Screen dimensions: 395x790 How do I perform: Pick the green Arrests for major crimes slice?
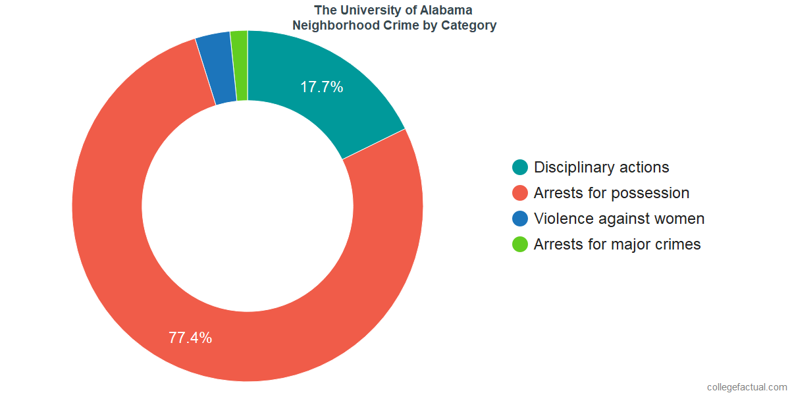(x=240, y=65)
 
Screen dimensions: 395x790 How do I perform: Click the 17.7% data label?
(x=322, y=87)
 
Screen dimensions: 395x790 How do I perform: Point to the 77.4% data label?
(x=190, y=338)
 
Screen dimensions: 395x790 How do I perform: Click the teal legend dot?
(x=520, y=167)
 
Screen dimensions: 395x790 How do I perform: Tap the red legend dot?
(x=520, y=193)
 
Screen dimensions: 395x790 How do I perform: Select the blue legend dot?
(x=520, y=219)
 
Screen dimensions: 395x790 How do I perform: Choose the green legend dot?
(x=520, y=244)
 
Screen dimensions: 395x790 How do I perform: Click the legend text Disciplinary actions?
(x=601, y=167)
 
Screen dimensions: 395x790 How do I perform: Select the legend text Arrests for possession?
(x=612, y=193)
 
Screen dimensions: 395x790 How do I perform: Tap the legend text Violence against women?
(x=619, y=219)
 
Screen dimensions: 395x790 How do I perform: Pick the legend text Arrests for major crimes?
(x=617, y=244)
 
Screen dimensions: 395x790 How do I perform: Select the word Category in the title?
(x=470, y=26)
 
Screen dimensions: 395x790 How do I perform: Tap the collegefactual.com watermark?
(x=747, y=387)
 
